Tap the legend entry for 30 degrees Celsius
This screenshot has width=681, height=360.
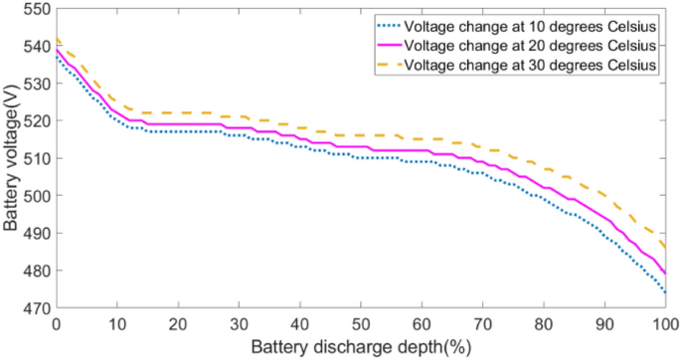(x=536, y=66)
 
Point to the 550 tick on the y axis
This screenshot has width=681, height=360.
(x=35, y=9)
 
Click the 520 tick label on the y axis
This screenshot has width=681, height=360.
(x=35, y=121)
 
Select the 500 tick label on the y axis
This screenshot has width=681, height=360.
(x=35, y=196)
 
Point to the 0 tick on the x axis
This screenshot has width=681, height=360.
(x=57, y=325)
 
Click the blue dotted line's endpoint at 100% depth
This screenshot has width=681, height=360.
(x=664, y=292)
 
